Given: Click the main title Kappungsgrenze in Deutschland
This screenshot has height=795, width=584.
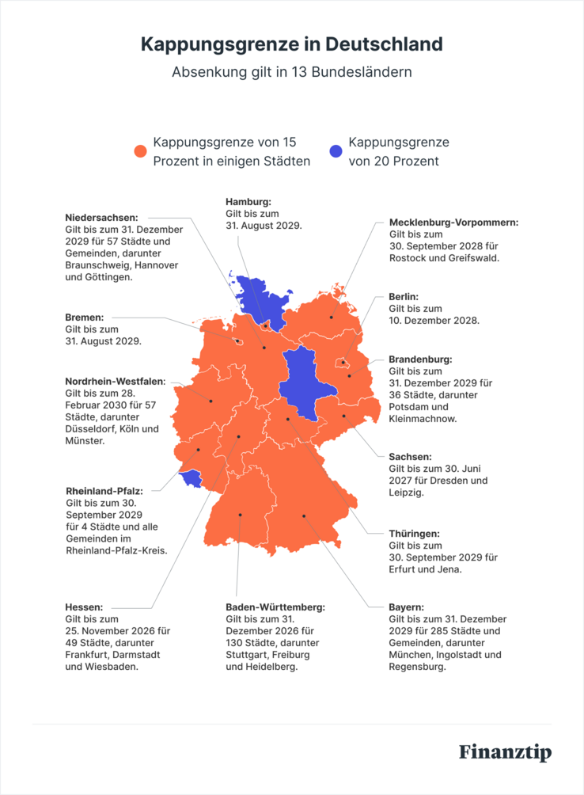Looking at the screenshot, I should tap(291, 44).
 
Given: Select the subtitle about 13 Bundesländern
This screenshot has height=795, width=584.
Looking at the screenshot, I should tap(291, 72).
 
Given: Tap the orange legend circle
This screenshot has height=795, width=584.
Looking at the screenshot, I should tap(141, 151).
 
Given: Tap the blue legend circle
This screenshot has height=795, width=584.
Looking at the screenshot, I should tap(336, 151).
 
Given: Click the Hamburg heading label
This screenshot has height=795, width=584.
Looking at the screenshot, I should tap(248, 202).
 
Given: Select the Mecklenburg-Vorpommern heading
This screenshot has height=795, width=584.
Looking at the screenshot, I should tap(453, 223).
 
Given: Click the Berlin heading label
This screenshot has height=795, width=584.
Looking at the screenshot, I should tap(403, 296).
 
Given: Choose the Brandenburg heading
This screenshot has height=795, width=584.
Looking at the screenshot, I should tap(420, 359).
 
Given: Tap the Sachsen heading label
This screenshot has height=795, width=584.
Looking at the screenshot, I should tap(410, 457).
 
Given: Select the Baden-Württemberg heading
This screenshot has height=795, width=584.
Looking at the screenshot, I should tap(275, 607).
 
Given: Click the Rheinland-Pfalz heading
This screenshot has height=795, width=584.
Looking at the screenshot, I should tap(104, 491).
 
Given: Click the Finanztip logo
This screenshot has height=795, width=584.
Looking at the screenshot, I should tap(505, 751).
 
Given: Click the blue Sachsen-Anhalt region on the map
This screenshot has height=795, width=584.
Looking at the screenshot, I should tap(299, 376).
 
